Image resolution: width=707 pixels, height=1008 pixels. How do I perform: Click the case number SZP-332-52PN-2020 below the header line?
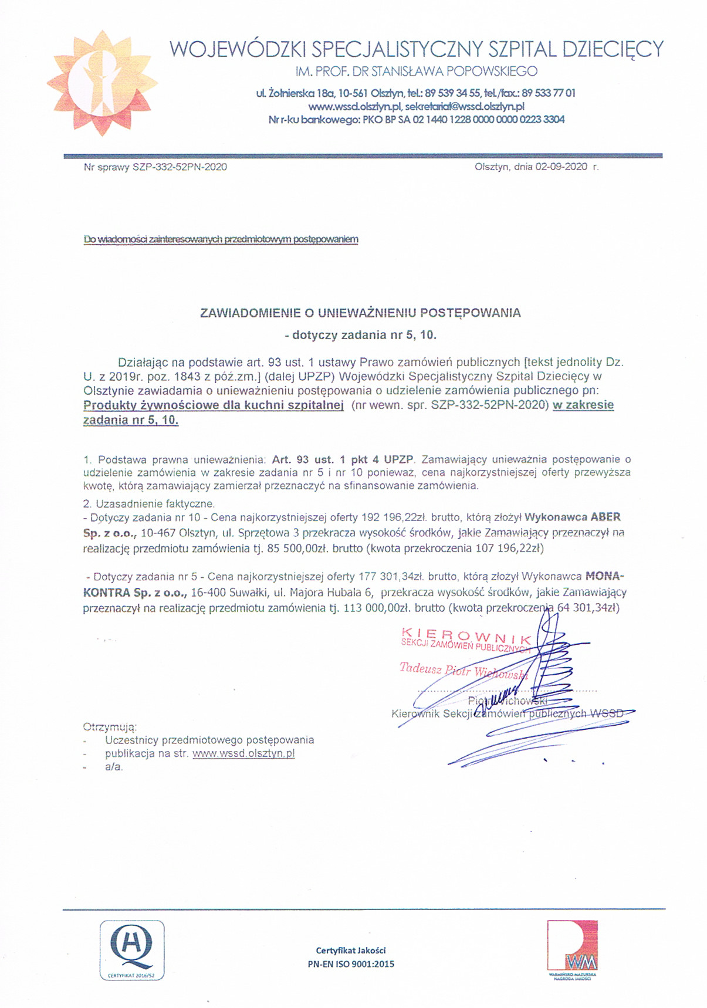pos(180,167)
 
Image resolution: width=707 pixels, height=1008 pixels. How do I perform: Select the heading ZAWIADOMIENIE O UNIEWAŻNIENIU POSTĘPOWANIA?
pos(360,313)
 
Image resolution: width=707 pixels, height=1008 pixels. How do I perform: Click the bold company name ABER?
pos(604,517)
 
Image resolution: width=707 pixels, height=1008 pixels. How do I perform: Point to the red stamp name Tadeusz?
pos(420,668)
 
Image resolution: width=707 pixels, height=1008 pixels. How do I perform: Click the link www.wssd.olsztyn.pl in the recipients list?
pos(243,753)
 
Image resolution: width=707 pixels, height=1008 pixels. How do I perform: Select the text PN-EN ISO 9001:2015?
pos(351,963)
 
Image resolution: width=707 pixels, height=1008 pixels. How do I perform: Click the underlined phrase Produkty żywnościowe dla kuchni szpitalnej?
pos(214,405)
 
